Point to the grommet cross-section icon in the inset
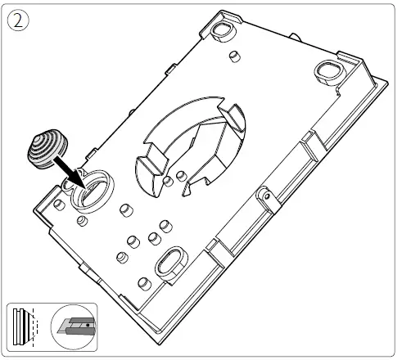(26, 325)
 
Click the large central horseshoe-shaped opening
(188, 147)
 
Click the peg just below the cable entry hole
(82, 221)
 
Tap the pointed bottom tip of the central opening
(187, 195)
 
